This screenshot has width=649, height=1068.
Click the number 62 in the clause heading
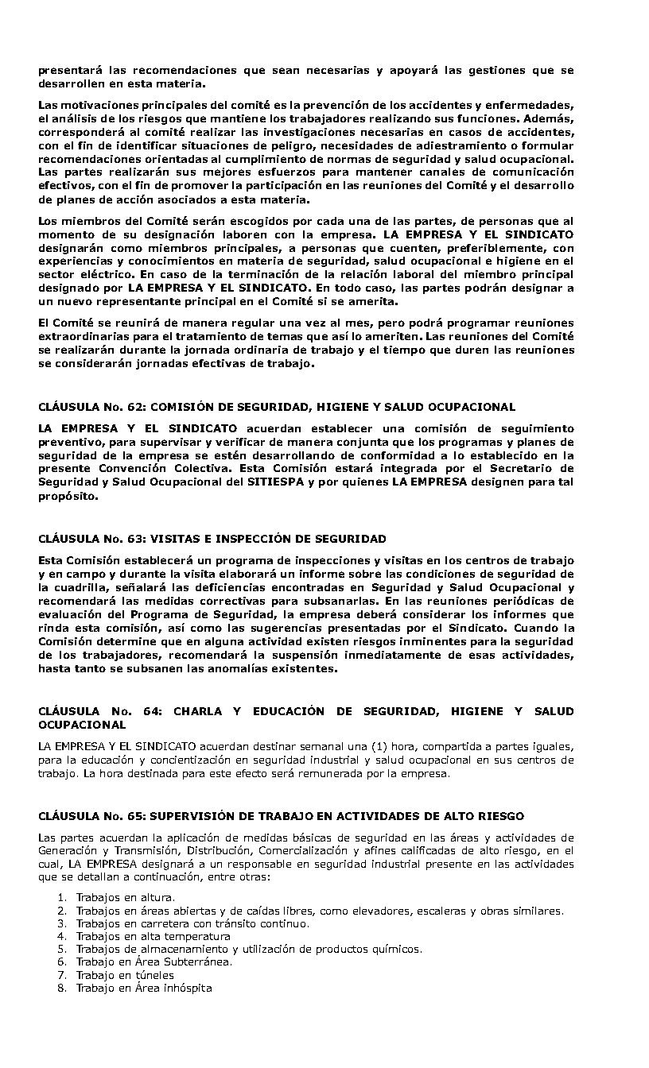click(134, 407)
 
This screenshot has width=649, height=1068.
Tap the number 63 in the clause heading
click(134, 539)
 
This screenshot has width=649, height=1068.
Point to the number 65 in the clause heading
click(134, 816)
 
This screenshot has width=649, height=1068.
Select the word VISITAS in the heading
click(174, 539)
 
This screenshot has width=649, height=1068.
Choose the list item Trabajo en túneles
click(124, 975)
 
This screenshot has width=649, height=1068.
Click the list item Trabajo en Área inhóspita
click(143, 988)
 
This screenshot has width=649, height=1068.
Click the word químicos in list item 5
click(397, 949)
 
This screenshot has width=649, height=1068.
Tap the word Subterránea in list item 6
click(198, 962)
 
